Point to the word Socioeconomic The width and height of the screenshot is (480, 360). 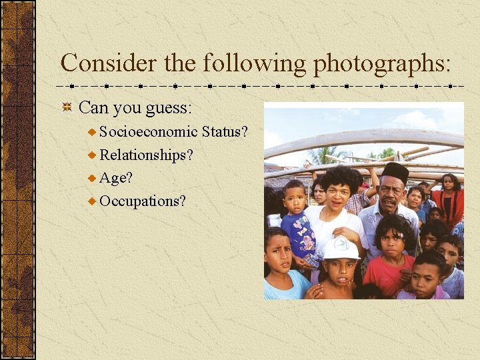(x=148, y=131)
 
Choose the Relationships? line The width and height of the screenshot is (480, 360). (x=146, y=155)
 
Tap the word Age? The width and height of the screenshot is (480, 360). (x=116, y=177)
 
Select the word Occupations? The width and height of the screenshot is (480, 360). (x=143, y=201)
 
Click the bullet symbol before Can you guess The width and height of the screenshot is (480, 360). (x=67, y=107)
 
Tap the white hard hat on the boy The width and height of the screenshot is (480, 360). (x=341, y=248)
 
